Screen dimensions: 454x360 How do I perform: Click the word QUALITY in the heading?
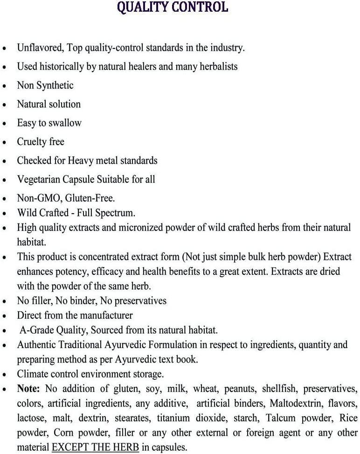pyautogui.click(x=143, y=7)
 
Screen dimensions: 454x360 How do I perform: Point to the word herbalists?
pyautogui.click(x=216, y=66)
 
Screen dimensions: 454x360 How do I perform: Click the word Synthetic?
pyautogui.click(x=55, y=85)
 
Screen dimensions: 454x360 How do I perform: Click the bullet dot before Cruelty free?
pyautogui.click(x=5, y=143)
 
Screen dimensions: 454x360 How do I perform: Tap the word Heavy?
pyautogui.click(x=80, y=161)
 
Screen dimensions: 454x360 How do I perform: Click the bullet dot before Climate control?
pyautogui.click(x=5, y=375)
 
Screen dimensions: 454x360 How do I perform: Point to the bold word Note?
pyautogui.click(x=28, y=389)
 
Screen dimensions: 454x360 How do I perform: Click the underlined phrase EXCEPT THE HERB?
pyautogui.click(x=95, y=447)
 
